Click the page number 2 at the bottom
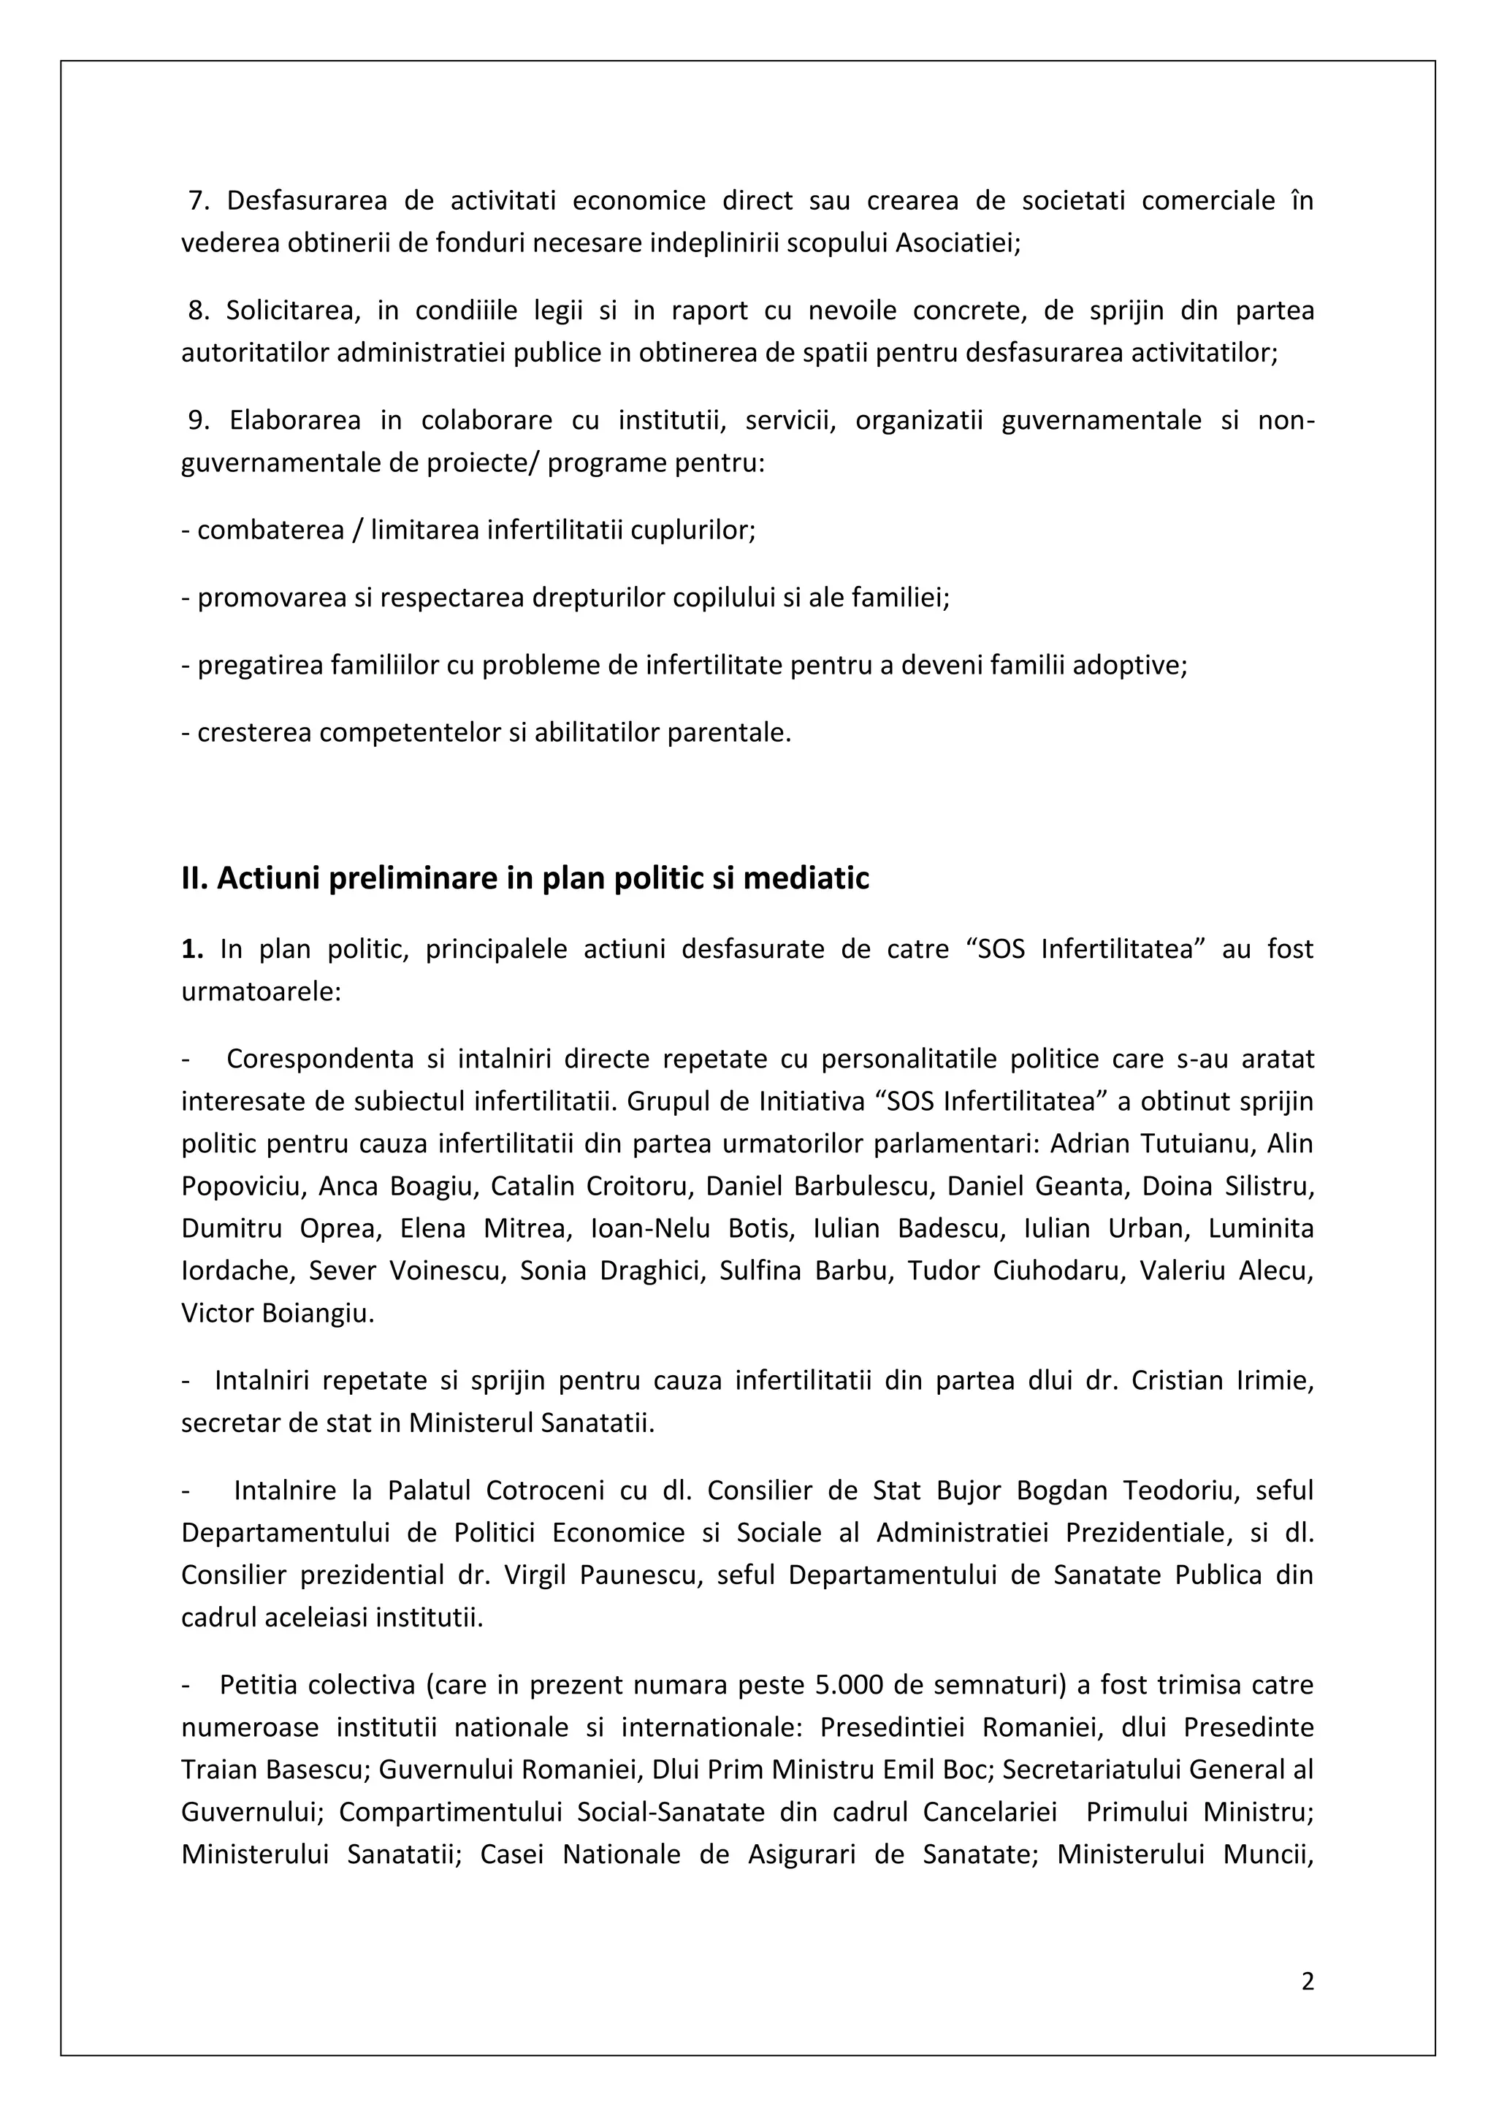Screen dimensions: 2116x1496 click(x=1307, y=1981)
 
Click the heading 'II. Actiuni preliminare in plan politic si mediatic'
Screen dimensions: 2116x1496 click(x=525, y=878)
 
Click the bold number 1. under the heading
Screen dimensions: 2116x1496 click(x=191, y=949)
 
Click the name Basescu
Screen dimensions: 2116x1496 click(x=317, y=1770)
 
